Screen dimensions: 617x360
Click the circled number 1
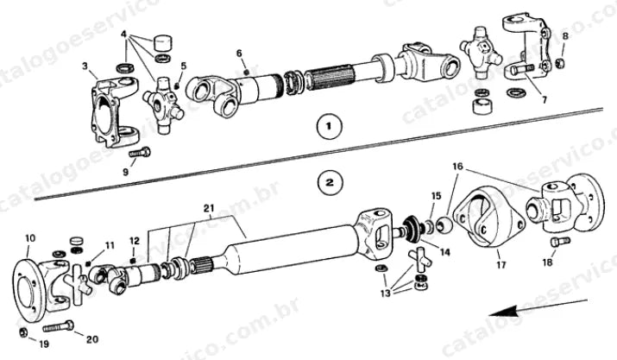tap(330, 126)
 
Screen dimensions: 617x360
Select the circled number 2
tap(330, 182)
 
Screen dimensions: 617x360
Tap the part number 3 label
tap(85, 66)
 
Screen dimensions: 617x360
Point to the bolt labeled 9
tap(139, 153)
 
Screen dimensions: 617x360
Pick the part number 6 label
tap(239, 54)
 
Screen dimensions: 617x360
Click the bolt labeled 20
tap(58, 326)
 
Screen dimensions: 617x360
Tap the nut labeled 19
tap(23, 332)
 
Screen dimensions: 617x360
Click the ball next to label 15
tap(444, 224)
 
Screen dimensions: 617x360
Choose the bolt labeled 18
tap(560, 241)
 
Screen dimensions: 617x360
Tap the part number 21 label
tap(209, 207)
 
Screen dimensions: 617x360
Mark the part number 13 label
tap(385, 293)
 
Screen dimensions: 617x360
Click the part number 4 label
tap(123, 35)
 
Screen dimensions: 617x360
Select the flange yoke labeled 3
tap(114, 111)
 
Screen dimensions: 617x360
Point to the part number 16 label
tap(457, 167)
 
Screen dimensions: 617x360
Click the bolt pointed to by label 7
tap(522, 70)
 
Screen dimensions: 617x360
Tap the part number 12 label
tap(134, 241)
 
